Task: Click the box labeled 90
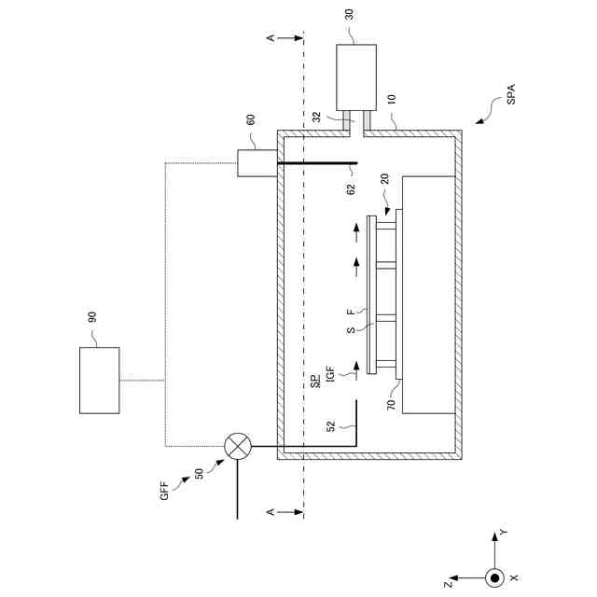[x=99, y=380]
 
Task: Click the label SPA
[x=510, y=95]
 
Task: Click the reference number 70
[x=393, y=406]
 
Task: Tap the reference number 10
[x=391, y=97]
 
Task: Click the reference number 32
[x=317, y=118]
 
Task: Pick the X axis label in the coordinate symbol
[x=514, y=578]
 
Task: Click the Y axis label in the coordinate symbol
[x=503, y=532]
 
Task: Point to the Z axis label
[x=450, y=586]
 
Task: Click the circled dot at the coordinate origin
[x=494, y=578]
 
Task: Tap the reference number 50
[x=199, y=474]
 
